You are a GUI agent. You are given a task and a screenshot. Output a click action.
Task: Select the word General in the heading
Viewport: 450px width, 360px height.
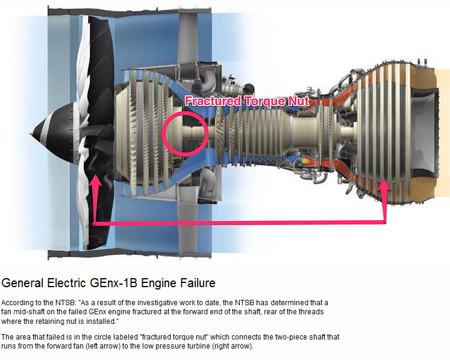(23, 282)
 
